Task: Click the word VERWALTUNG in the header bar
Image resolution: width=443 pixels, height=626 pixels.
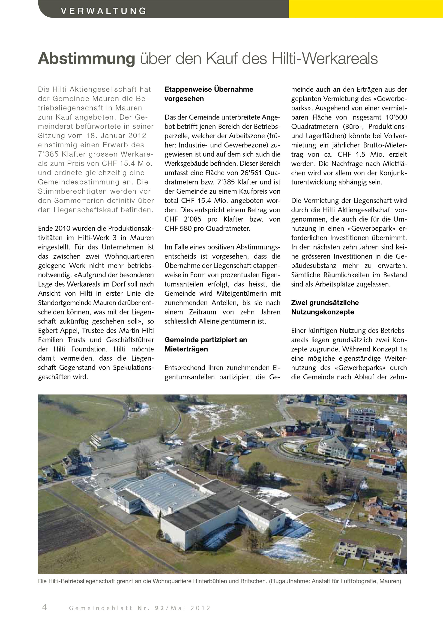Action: coord(103,11)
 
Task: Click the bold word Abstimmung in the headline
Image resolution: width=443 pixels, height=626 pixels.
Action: coord(87,59)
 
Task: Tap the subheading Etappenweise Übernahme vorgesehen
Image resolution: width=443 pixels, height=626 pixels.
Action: coord(209,94)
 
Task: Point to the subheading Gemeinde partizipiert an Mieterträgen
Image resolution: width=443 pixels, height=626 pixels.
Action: coord(206,344)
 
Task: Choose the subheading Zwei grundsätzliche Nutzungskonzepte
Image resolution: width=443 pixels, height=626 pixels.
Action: coord(325,307)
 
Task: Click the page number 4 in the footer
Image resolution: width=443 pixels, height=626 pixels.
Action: coord(45,608)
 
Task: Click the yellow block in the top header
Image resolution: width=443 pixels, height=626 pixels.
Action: coord(365,9)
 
